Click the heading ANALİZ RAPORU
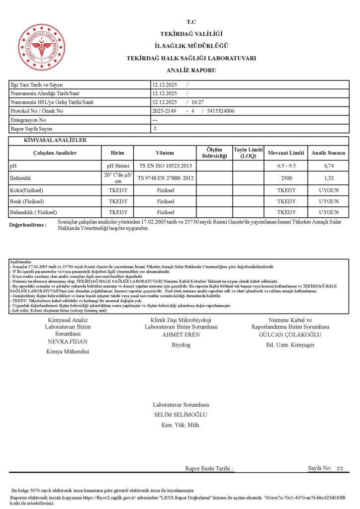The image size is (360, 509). click(x=191, y=70)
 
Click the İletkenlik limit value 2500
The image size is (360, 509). click(x=286, y=177)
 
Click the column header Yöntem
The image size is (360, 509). click(x=165, y=153)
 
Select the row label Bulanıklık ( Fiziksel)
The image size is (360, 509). click(x=33, y=212)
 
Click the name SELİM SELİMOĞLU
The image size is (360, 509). click(x=181, y=415)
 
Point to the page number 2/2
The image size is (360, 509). click(x=340, y=469)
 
